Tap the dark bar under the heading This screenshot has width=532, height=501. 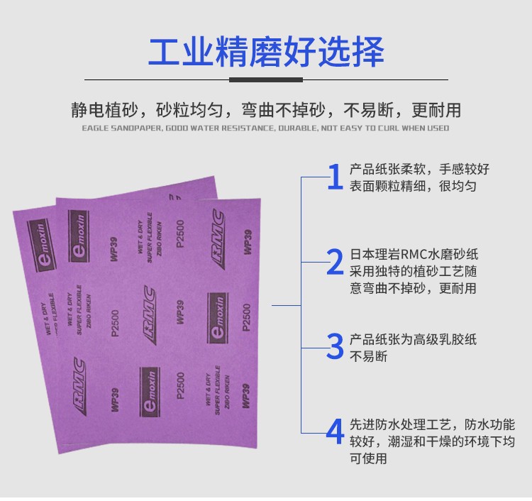266,79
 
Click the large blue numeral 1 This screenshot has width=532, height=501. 334,177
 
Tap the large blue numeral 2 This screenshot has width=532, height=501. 334,263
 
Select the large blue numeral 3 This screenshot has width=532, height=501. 334,346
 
